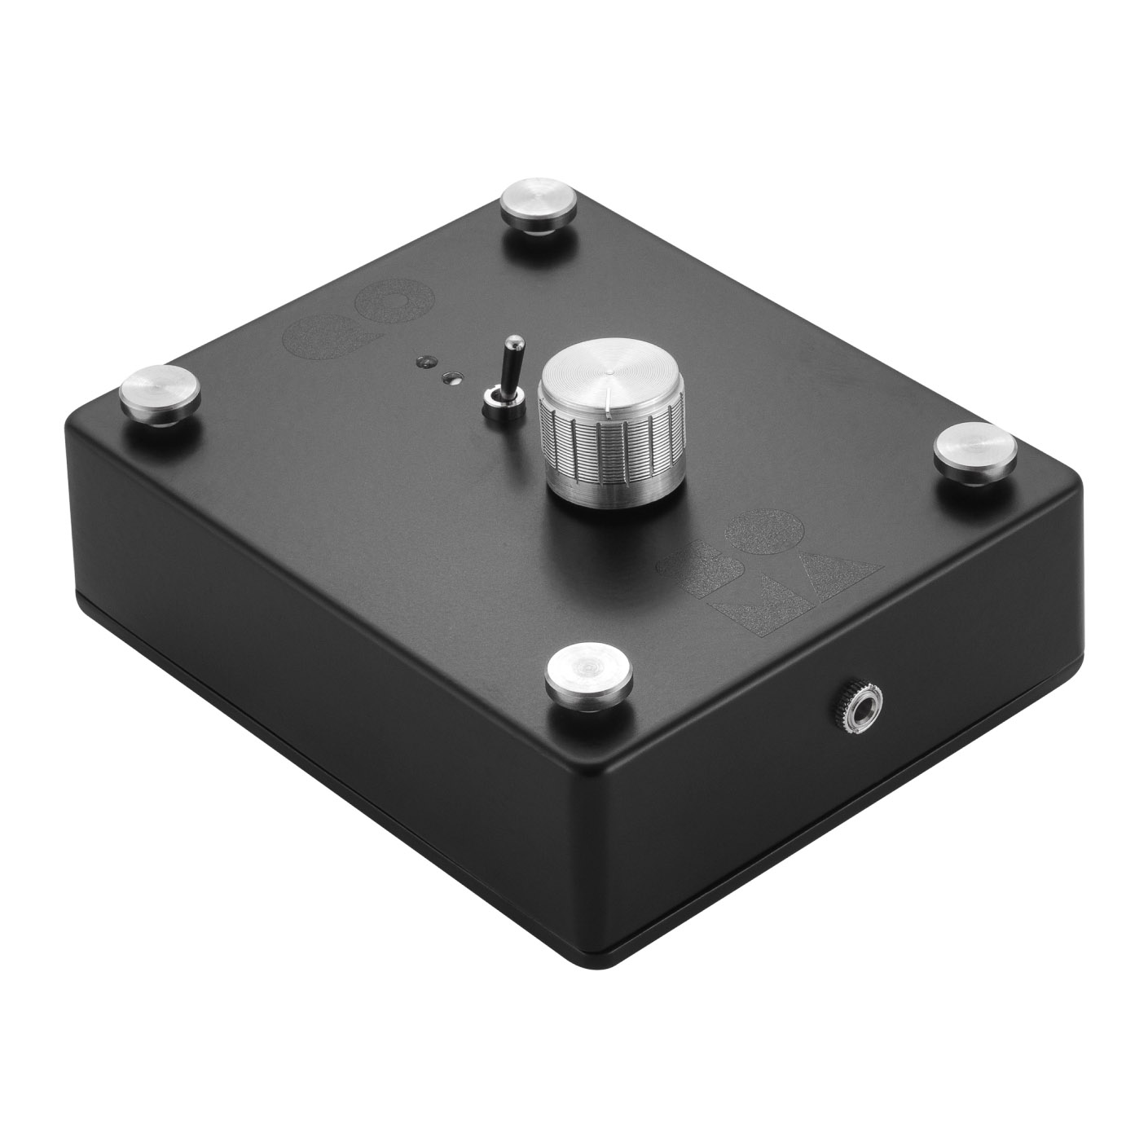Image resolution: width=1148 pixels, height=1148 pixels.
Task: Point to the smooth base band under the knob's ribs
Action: pyautogui.click(x=615, y=486)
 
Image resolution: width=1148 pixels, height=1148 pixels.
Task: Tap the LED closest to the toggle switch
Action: pyautogui.click(x=450, y=377)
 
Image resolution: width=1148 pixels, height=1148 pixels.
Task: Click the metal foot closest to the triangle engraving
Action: pyautogui.click(x=973, y=451)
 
